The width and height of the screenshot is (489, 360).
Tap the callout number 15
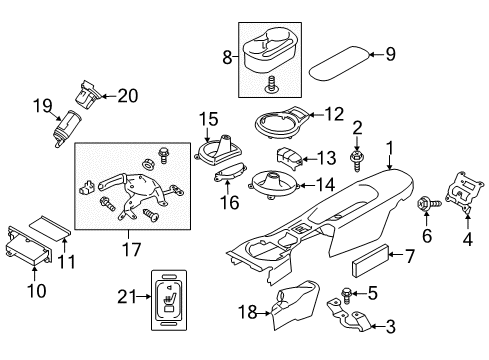coord(207,120)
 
